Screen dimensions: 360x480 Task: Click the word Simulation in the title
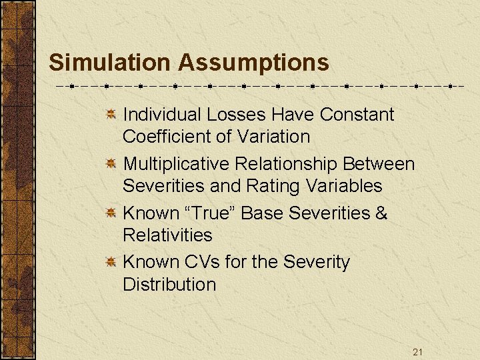pyautogui.click(x=110, y=63)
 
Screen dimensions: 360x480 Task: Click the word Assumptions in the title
pyautogui.click(x=253, y=63)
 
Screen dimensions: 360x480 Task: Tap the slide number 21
pyautogui.click(x=417, y=352)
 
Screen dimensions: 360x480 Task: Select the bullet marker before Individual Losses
pyautogui.click(x=113, y=115)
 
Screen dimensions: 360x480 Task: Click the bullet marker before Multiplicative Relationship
pyautogui.click(x=113, y=164)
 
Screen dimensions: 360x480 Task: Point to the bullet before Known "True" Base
pyautogui.click(x=113, y=213)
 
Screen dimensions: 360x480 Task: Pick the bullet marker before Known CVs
pyautogui.click(x=113, y=263)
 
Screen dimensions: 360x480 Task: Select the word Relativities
pyautogui.click(x=167, y=235)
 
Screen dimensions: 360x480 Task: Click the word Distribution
pyautogui.click(x=169, y=285)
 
